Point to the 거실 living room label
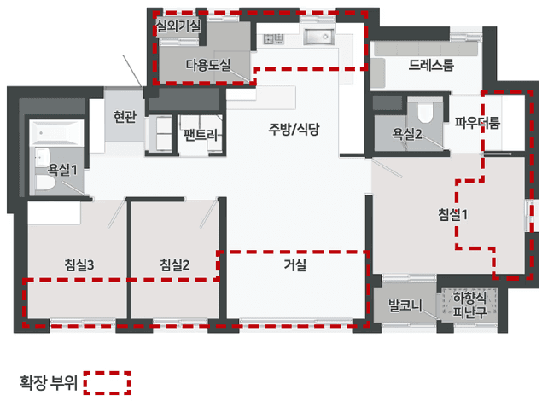tap(296, 265)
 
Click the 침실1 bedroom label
tap(453, 213)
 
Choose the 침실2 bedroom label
tap(173, 265)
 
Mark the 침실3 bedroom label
tap(78, 265)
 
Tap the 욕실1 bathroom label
tap(62, 170)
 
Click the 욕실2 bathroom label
tap(406, 134)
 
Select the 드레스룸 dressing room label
tap(430, 65)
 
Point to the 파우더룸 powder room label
tap(477, 123)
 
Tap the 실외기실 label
tap(178, 26)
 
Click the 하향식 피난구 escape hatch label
tap(469, 304)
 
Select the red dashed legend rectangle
tap(108, 383)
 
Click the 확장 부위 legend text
tap(49, 383)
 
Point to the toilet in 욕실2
tap(426, 112)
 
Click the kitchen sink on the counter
tap(319, 37)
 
